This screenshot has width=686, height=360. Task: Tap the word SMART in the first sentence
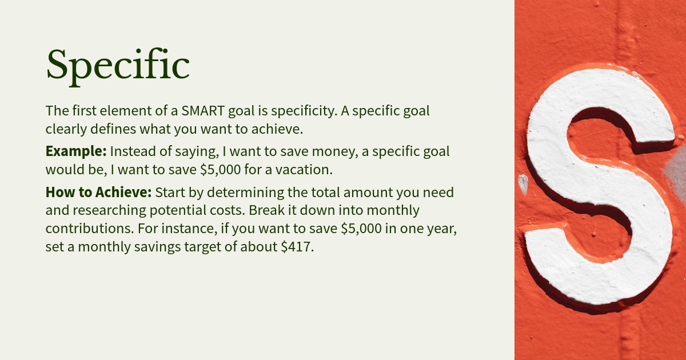[x=203, y=111]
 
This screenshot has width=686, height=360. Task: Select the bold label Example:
[x=76, y=151]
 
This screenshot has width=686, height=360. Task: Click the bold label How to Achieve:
[x=98, y=192]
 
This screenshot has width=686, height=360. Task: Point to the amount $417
[x=297, y=247]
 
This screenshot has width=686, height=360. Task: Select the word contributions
[x=90, y=229]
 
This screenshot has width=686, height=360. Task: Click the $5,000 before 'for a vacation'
[x=221, y=170]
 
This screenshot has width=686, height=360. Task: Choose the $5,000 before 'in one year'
[x=361, y=229]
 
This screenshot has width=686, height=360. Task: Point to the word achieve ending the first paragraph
[x=277, y=129]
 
